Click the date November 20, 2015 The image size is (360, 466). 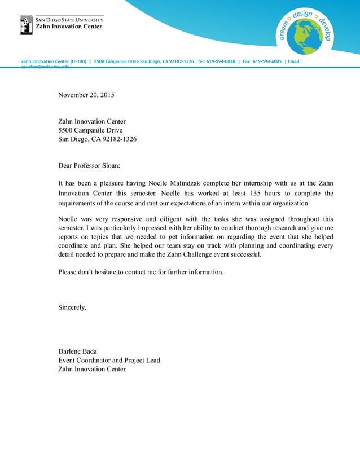tap(86, 95)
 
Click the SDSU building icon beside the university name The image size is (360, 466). tap(26, 25)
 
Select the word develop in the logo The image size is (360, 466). tap(324, 29)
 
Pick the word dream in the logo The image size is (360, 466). tap(284, 30)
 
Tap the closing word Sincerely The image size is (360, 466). tap(72, 307)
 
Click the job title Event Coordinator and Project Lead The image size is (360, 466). tap(109, 360)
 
